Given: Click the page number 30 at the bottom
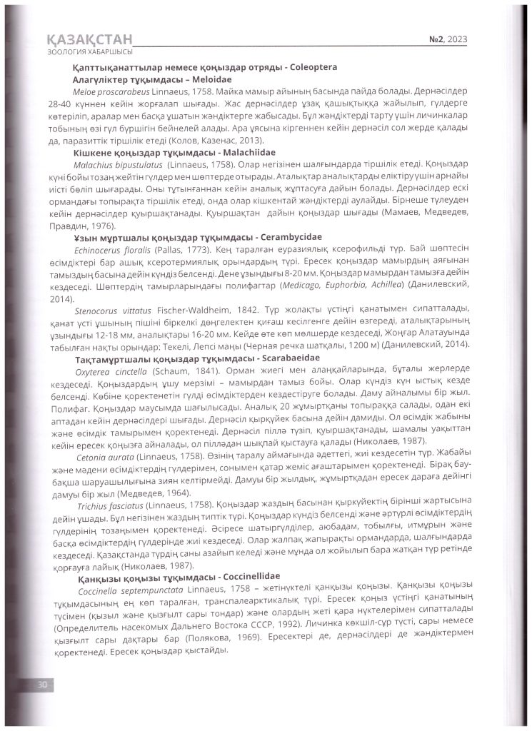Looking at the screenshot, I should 41,684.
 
